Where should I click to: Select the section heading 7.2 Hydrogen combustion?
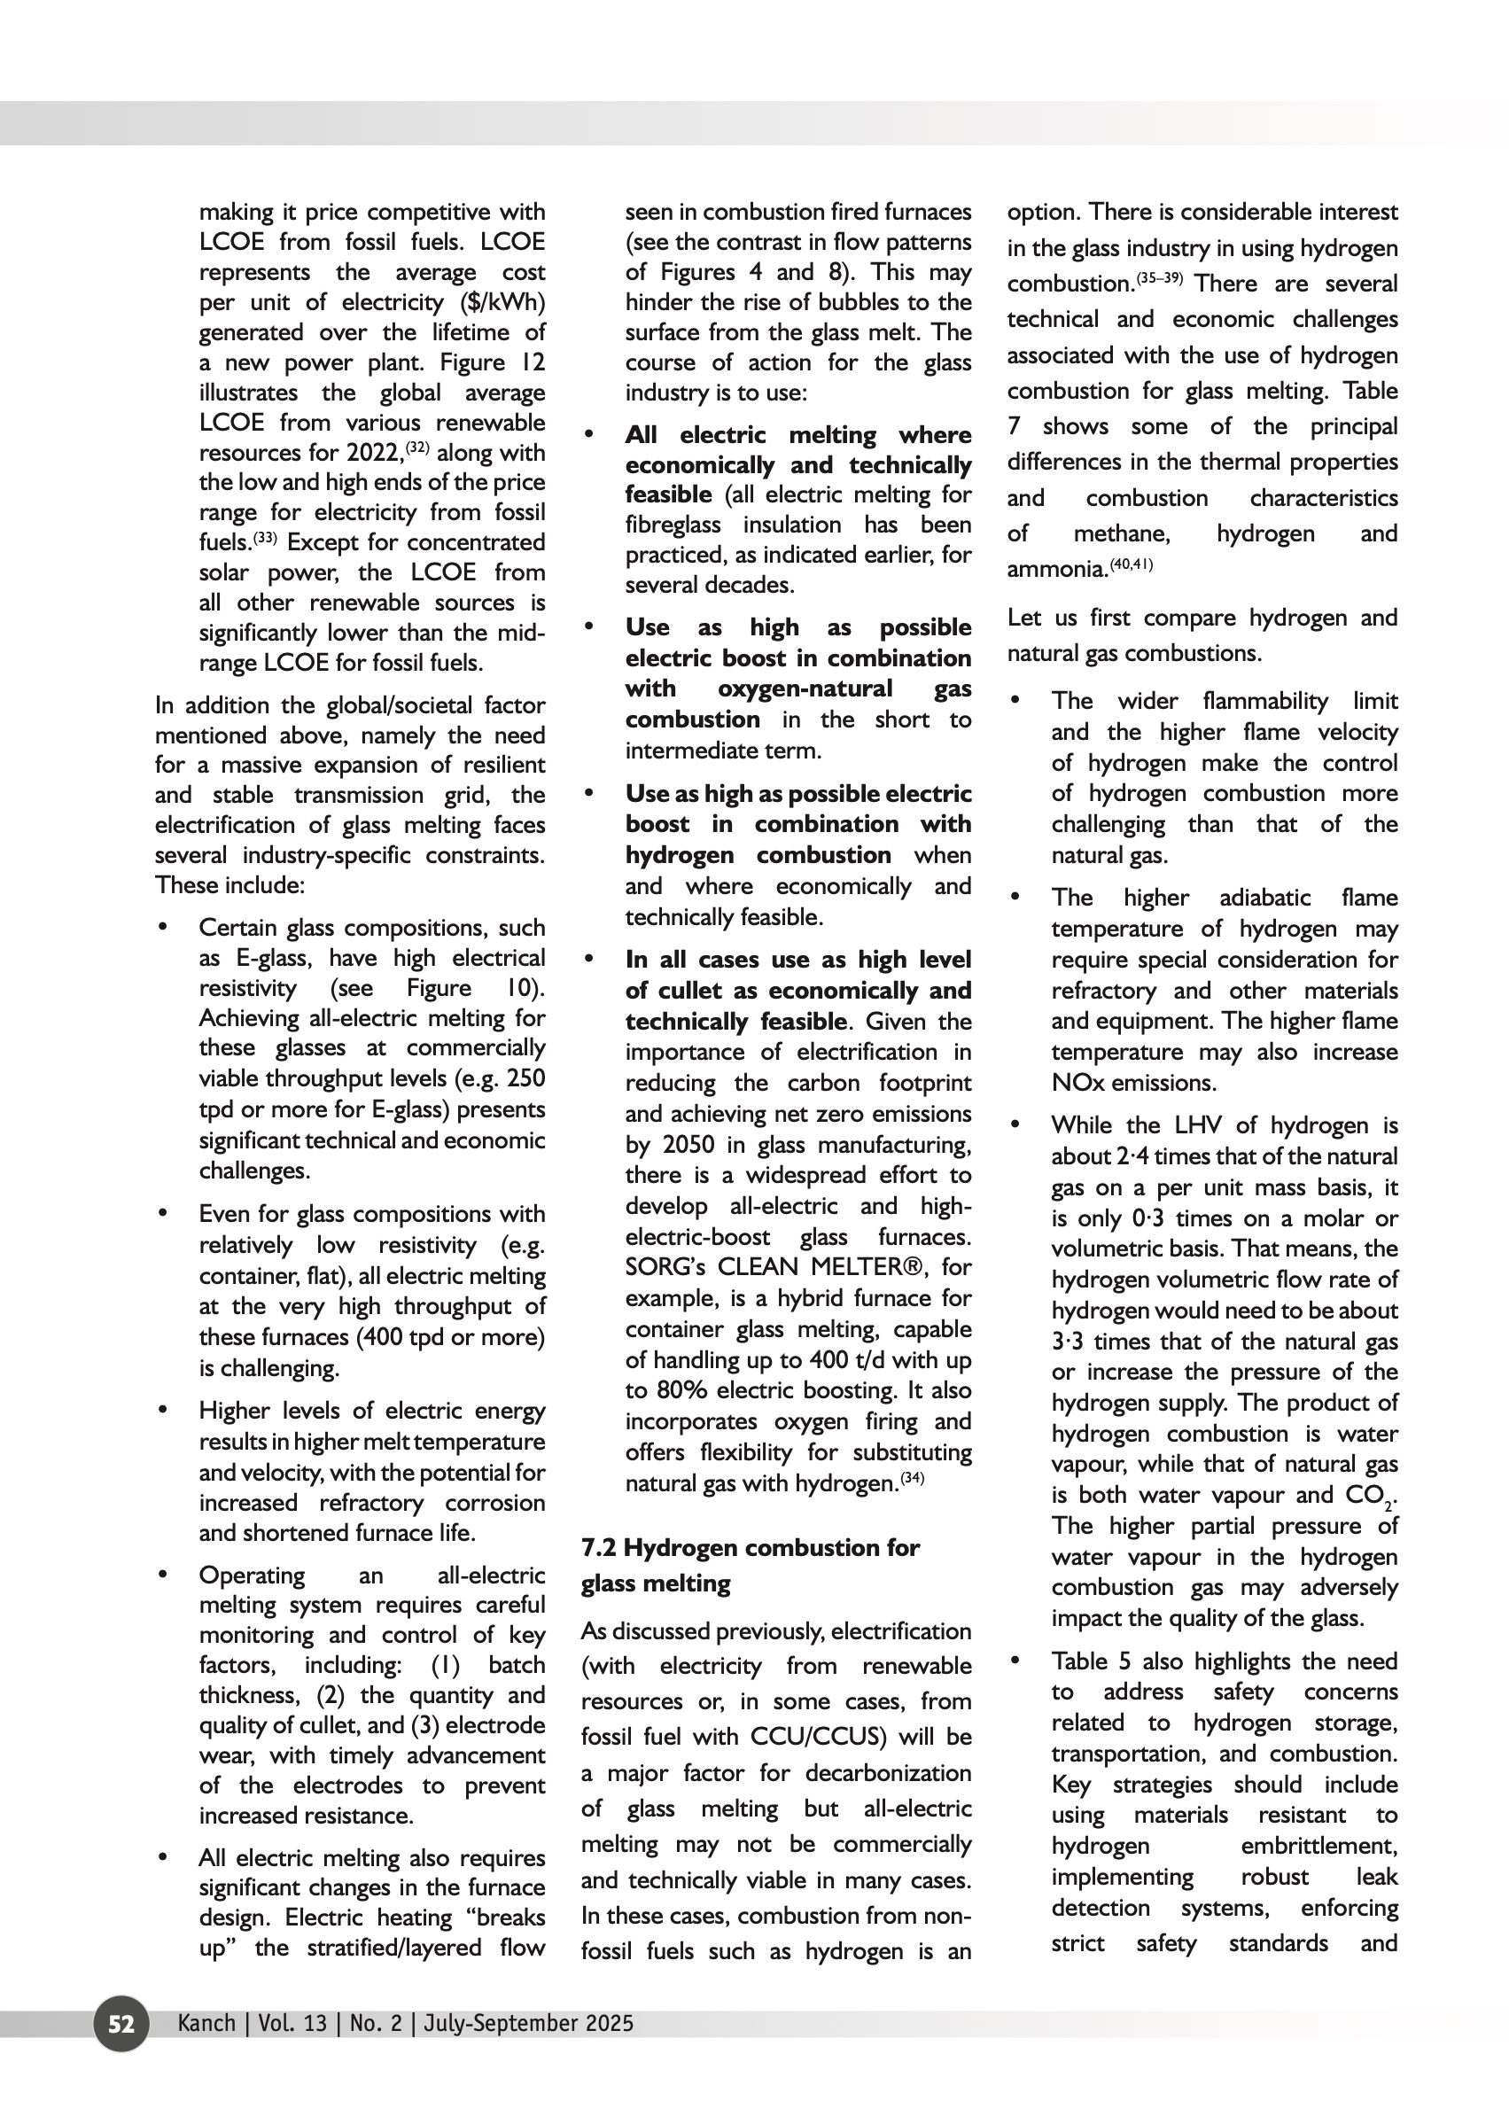pos(750,1547)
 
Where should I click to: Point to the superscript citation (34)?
pos(913,1479)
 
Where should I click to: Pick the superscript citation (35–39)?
pos(1159,278)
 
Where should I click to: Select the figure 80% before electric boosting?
pos(684,1391)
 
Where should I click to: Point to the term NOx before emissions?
pos(1077,1083)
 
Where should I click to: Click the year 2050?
pos(688,1144)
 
